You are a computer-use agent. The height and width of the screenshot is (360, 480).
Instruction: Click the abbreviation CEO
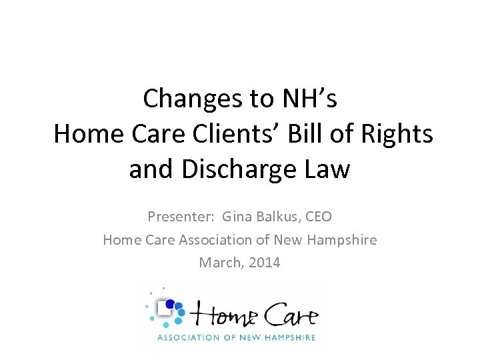coord(318,217)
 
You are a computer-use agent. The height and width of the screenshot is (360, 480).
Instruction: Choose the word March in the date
coord(219,263)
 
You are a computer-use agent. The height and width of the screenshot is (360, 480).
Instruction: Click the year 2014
coord(264,263)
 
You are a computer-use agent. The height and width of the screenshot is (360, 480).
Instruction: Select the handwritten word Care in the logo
coord(287,314)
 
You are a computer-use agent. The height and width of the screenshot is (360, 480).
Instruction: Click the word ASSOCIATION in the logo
coord(189,337)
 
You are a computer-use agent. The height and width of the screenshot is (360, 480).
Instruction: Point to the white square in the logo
coord(162,307)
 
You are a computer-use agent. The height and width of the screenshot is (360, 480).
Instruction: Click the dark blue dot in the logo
coord(170,304)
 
